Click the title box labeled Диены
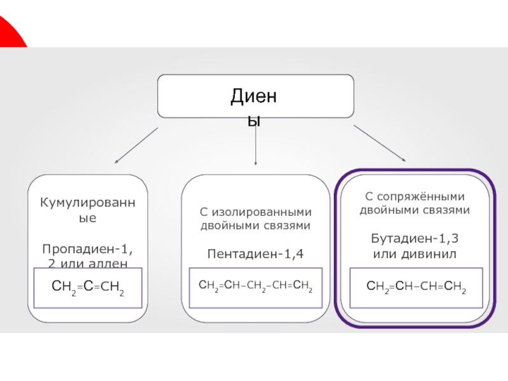[255, 96]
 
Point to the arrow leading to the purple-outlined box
[380, 143]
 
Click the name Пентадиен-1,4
[255, 254]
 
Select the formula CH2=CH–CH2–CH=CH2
[255, 288]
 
